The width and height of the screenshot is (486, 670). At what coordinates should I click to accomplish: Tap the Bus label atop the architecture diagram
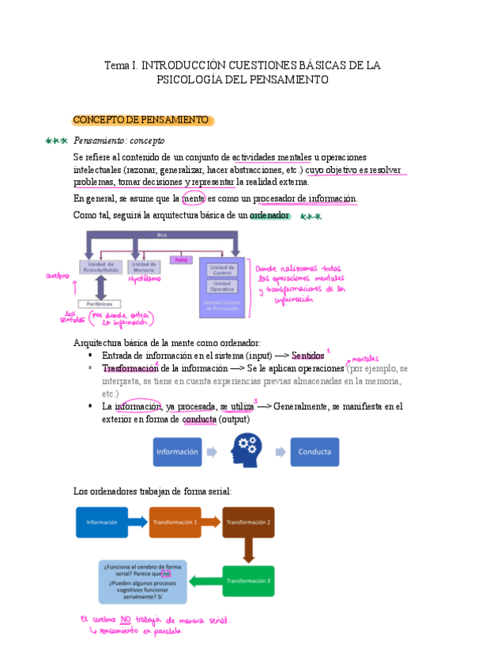(x=161, y=234)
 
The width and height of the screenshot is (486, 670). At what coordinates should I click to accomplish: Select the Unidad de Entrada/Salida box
(x=99, y=268)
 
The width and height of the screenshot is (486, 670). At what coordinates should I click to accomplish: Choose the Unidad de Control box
(x=222, y=269)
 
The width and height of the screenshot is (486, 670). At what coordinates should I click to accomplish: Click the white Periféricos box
(x=99, y=303)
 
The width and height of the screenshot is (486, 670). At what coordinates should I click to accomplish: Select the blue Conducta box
(x=314, y=453)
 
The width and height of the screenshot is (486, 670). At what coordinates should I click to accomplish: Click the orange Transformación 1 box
(x=175, y=522)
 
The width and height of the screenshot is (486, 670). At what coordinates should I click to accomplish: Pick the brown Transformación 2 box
(x=248, y=522)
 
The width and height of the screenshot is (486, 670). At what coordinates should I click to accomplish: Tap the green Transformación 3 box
(x=248, y=581)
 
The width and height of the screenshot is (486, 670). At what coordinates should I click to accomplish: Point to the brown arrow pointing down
(x=248, y=550)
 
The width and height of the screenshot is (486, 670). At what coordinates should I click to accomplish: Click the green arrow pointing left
(x=205, y=582)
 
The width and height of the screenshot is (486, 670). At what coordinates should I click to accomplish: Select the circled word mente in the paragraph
(x=193, y=198)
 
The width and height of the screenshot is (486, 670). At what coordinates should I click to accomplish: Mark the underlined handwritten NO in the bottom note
(x=127, y=619)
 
